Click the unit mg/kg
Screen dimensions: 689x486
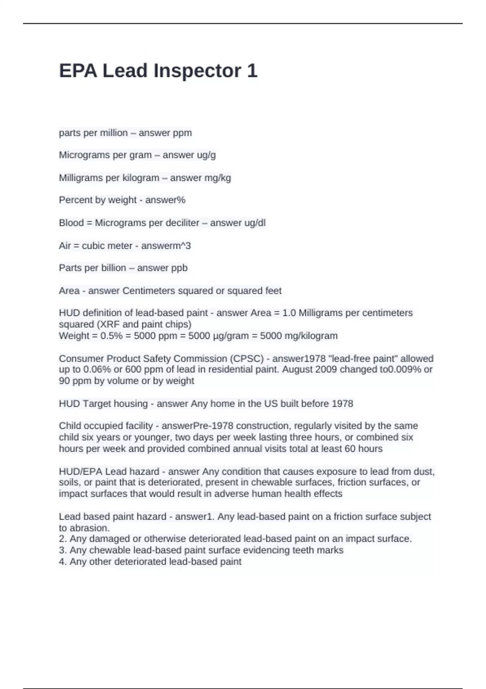tap(219, 178)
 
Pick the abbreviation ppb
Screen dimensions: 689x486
tap(179, 268)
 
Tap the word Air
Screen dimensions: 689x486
tap(65, 246)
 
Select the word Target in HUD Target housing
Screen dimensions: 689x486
tap(99, 404)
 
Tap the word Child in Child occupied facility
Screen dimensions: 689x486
tap(68, 426)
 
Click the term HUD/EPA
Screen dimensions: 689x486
tap(81, 472)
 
